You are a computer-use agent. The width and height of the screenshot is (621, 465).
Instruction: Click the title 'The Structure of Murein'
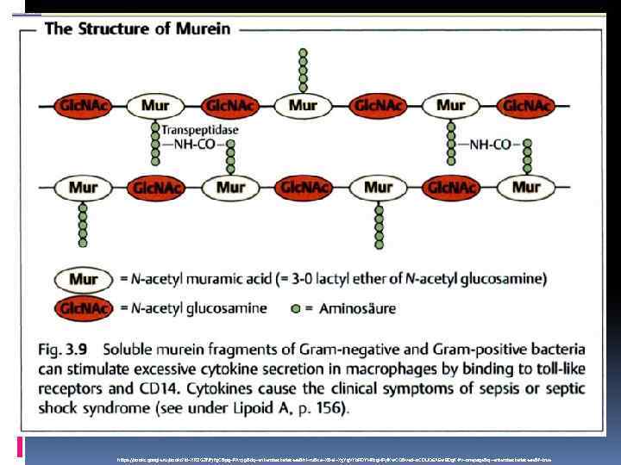(137, 28)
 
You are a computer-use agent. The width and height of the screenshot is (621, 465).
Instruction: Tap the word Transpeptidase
(200, 130)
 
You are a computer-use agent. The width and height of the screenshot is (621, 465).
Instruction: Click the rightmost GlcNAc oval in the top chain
(525, 107)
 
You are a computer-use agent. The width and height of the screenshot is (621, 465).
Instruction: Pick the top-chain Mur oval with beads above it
(302, 107)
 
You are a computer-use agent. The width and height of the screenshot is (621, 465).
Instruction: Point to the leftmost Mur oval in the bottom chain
(83, 187)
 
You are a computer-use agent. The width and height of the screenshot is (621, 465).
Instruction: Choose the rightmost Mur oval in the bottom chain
(526, 187)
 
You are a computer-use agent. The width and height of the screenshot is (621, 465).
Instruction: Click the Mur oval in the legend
(83, 279)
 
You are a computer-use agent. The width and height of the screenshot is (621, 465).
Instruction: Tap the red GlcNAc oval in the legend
(83, 307)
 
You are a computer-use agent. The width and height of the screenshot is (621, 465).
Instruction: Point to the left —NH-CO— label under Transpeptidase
(192, 145)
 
